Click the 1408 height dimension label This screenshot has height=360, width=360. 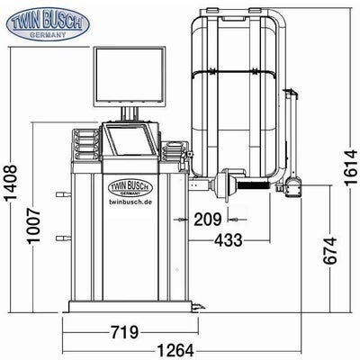(11, 183)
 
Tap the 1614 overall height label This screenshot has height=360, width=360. (351, 167)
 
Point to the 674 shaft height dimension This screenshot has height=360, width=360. (330, 250)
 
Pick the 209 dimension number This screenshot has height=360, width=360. (208, 220)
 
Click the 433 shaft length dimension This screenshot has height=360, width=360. (229, 240)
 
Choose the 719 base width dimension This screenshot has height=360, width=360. (125, 332)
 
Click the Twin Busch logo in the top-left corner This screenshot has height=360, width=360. (48, 24)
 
